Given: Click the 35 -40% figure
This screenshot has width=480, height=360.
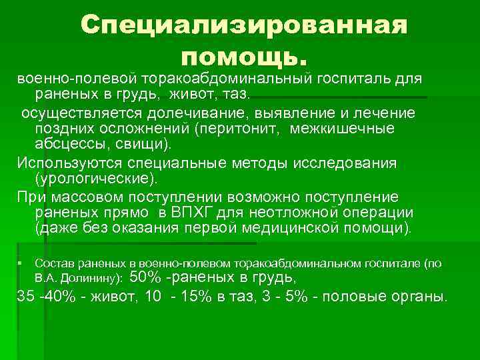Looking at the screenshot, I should tap(41, 295).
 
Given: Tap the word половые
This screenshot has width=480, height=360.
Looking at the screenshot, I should tap(349, 295).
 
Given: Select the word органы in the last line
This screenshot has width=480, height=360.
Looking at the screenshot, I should tap(419, 295).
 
